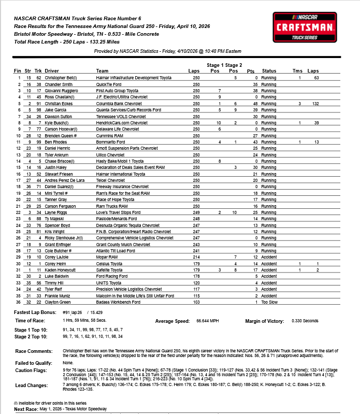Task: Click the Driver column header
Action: point(52,70)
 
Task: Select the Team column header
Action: point(102,70)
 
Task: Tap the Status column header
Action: point(269,70)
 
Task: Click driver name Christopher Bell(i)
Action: point(62,77)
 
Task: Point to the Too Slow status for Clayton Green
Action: point(269,302)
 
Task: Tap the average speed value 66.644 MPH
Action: point(207,321)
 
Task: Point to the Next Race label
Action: point(26,409)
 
